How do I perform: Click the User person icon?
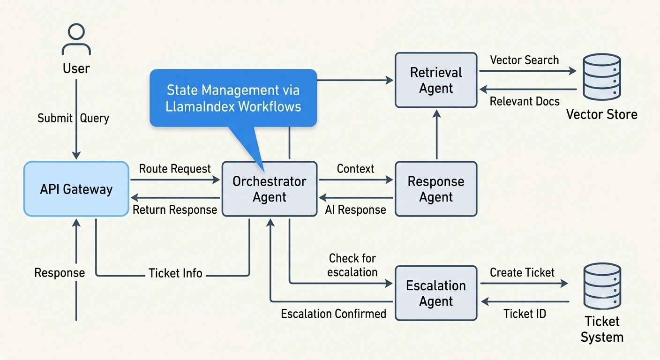tap(76, 39)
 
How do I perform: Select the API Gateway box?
tap(76, 189)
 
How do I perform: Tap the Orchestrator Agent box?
tap(270, 189)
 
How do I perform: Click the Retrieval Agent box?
tap(436, 80)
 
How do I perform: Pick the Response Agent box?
tap(436, 189)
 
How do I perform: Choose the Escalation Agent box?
tap(436, 293)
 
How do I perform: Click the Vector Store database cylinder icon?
tap(602, 77)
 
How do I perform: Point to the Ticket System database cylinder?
tap(602, 286)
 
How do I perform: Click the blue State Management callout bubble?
tap(233, 98)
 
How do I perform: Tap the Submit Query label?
tap(73, 118)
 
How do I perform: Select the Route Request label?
tap(175, 169)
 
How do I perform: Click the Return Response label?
tap(175, 210)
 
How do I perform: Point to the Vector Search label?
tap(525, 60)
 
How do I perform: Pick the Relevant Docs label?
tap(525, 101)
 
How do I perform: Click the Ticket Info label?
tap(175, 273)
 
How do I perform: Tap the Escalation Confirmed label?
tap(334, 314)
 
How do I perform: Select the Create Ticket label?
tap(522, 272)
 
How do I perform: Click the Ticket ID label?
tap(525, 314)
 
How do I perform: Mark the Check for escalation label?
tap(352, 265)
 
